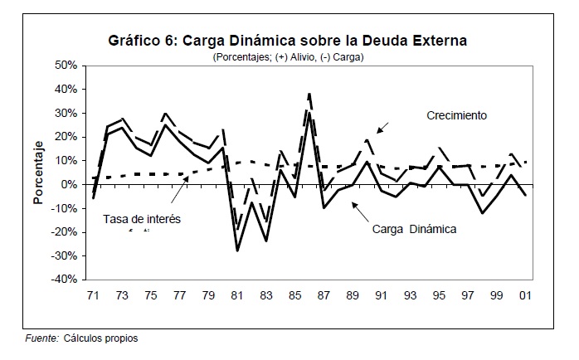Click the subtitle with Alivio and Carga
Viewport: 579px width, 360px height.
tap(289, 56)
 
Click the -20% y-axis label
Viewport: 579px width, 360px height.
tap(63, 232)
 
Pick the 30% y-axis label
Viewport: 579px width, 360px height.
tap(65, 113)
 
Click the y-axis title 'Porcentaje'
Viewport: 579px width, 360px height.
tap(37, 173)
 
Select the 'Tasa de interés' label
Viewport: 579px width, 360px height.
tap(142, 219)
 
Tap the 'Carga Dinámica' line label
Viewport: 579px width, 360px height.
tap(415, 228)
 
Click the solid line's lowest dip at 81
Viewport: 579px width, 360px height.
tap(239, 250)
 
